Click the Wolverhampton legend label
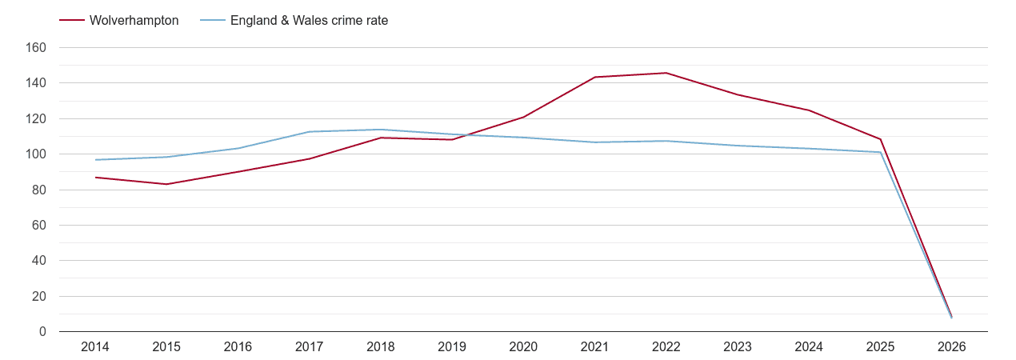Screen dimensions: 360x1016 [x=134, y=21]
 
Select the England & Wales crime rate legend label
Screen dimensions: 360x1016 [x=309, y=21]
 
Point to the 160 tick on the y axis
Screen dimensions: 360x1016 [x=37, y=48]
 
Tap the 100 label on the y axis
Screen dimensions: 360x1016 [x=37, y=154]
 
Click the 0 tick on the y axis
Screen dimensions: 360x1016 [x=42, y=332]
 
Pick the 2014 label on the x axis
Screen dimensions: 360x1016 [x=95, y=347]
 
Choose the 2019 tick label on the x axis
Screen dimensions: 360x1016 [x=452, y=347]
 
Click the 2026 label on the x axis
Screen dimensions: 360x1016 [x=952, y=347]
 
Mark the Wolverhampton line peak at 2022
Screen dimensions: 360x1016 [x=666, y=73]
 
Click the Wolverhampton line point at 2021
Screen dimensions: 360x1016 [x=595, y=77]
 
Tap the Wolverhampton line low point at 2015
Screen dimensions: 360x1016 [x=166, y=184]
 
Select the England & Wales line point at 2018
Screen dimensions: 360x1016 [x=381, y=130]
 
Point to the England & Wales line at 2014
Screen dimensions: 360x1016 [x=95, y=160]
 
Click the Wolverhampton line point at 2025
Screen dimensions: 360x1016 [x=881, y=139]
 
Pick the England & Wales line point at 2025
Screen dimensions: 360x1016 [x=881, y=152]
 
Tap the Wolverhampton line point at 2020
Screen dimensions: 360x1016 [x=524, y=117]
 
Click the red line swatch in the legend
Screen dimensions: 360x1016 [x=72, y=21]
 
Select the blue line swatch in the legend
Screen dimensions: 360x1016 [x=213, y=21]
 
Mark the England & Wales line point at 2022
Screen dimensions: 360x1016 [x=666, y=141]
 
